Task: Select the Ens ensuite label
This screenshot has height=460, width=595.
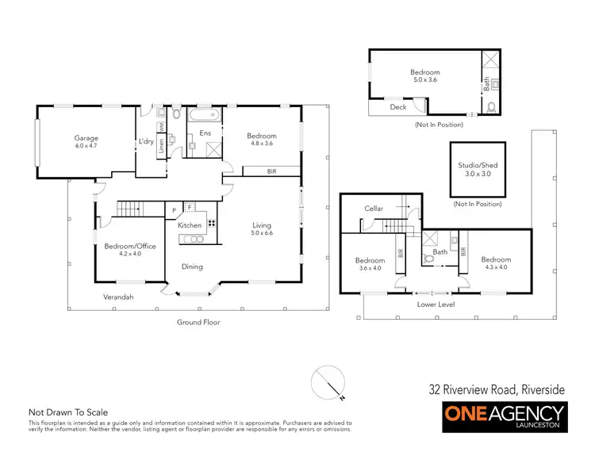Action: (204, 133)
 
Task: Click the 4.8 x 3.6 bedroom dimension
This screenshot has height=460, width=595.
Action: (261, 144)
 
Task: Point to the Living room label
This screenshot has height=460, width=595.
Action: (262, 225)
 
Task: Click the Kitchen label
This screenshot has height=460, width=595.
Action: (190, 226)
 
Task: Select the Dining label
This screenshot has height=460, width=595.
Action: (193, 266)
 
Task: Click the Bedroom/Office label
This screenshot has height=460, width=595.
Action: (130, 246)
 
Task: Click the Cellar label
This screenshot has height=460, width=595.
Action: (374, 209)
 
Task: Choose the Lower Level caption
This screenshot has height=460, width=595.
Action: (434, 304)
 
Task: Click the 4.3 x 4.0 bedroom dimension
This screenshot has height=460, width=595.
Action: (496, 267)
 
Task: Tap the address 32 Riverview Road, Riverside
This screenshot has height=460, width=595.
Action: (497, 389)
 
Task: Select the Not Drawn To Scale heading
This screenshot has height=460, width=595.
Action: (68, 412)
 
